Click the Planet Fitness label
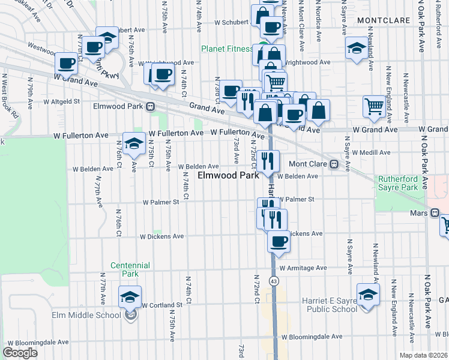tap(227, 49)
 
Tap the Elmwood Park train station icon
tap(150, 106)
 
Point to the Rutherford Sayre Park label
tap(398, 183)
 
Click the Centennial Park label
tap(125, 269)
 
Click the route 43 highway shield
tap(274, 281)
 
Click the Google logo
tap(20, 353)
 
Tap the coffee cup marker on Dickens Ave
tap(278, 241)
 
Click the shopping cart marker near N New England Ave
tap(374, 106)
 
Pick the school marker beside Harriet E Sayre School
tap(368, 295)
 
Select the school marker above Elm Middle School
tap(130, 296)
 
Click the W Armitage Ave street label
tap(303, 268)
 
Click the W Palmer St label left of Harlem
tap(161, 203)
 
